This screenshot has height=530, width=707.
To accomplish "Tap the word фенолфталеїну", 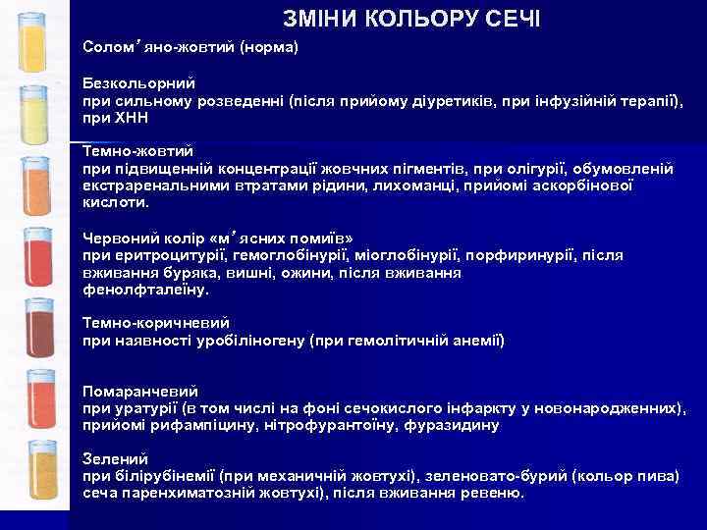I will (x=145, y=290).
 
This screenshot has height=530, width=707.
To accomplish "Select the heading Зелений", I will (x=115, y=458).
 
